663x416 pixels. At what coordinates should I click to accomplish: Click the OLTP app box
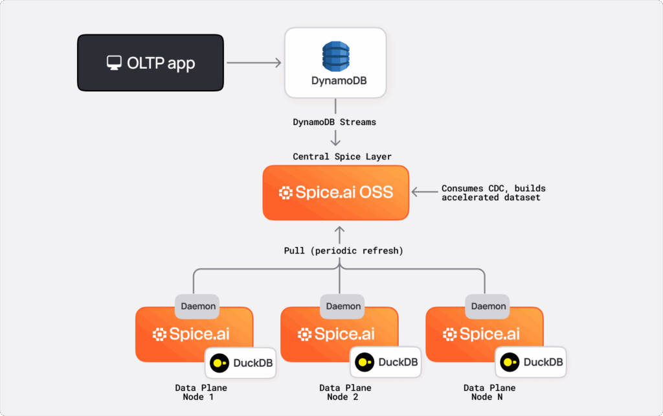(150, 62)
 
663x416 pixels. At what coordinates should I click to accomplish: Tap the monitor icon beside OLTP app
(115, 63)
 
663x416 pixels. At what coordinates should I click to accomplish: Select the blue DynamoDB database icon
(335, 56)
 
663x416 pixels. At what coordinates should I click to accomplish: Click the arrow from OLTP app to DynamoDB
(254, 63)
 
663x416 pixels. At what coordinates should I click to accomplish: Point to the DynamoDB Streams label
(335, 122)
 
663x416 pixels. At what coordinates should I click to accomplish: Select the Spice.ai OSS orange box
(335, 192)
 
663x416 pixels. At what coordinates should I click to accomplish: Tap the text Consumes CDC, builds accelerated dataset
(493, 192)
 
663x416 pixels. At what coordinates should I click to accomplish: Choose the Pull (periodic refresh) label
(343, 251)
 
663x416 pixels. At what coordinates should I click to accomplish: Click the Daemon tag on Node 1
(198, 306)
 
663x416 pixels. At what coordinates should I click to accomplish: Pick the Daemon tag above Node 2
(343, 306)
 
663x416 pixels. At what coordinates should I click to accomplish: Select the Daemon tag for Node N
(489, 306)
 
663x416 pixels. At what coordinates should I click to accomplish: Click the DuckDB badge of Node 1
(240, 362)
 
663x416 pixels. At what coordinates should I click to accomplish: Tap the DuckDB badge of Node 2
(386, 362)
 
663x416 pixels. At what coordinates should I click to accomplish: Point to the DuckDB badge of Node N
(531, 362)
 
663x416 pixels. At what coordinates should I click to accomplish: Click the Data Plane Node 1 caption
(201, 392)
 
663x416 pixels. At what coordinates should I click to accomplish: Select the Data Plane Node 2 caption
(345, 392)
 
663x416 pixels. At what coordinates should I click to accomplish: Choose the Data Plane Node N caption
(489, 392)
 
